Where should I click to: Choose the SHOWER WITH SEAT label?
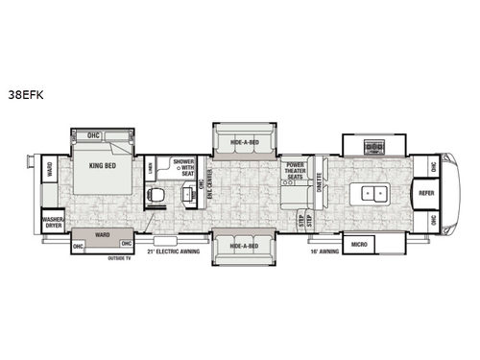coord(183,165)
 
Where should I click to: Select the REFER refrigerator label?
coord(427,193)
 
